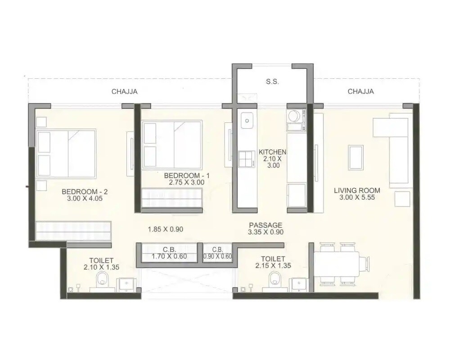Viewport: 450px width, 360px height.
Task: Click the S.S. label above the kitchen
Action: coord(272,82)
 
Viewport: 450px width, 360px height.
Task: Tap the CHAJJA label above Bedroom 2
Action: coord(124,92)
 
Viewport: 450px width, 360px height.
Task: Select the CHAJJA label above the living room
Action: coord(360,92)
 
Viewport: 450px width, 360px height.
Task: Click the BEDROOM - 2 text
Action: coord(85,191)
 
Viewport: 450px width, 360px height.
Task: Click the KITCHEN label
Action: coord(273,152)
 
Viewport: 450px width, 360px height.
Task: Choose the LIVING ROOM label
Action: coord(357,190)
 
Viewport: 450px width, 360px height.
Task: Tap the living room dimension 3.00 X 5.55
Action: coord(357,197)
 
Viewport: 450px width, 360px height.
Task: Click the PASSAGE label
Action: coord(265,225)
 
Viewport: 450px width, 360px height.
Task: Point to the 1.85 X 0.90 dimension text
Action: coord(166,229)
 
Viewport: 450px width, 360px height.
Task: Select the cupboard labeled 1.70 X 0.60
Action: coord(169,253)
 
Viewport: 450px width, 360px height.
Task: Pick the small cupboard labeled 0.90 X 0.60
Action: coord(217,253)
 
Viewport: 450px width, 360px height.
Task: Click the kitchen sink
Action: coord(247,120)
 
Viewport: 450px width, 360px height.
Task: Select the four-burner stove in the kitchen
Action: coord(247,159)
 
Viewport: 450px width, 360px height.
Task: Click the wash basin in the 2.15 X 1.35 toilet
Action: coord(298,284)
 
